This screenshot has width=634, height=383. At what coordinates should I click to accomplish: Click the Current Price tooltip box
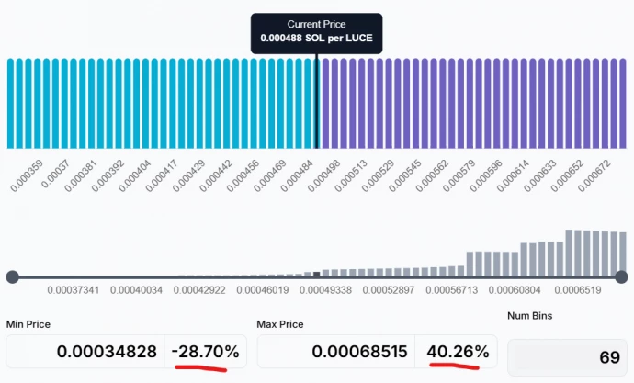click(x=316, y=34)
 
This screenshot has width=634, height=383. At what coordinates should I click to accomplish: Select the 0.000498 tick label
click(x=324, y=175)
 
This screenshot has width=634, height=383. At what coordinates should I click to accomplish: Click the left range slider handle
click(x=12, y=276)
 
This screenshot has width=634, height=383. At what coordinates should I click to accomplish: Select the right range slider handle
click(x=621, y=276)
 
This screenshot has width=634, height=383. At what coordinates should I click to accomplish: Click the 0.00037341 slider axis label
click(x=72, y=291)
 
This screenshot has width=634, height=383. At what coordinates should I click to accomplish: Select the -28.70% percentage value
click(x=206, y=352)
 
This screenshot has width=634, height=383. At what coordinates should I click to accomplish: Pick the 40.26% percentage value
click(x=457, y=352)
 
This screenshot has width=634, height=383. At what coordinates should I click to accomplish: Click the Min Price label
click(x=28, y=324)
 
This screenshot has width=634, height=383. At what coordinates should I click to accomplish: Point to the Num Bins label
click(x=532, y=316)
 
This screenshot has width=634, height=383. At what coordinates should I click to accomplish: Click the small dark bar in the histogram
click(x=317, y=274)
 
